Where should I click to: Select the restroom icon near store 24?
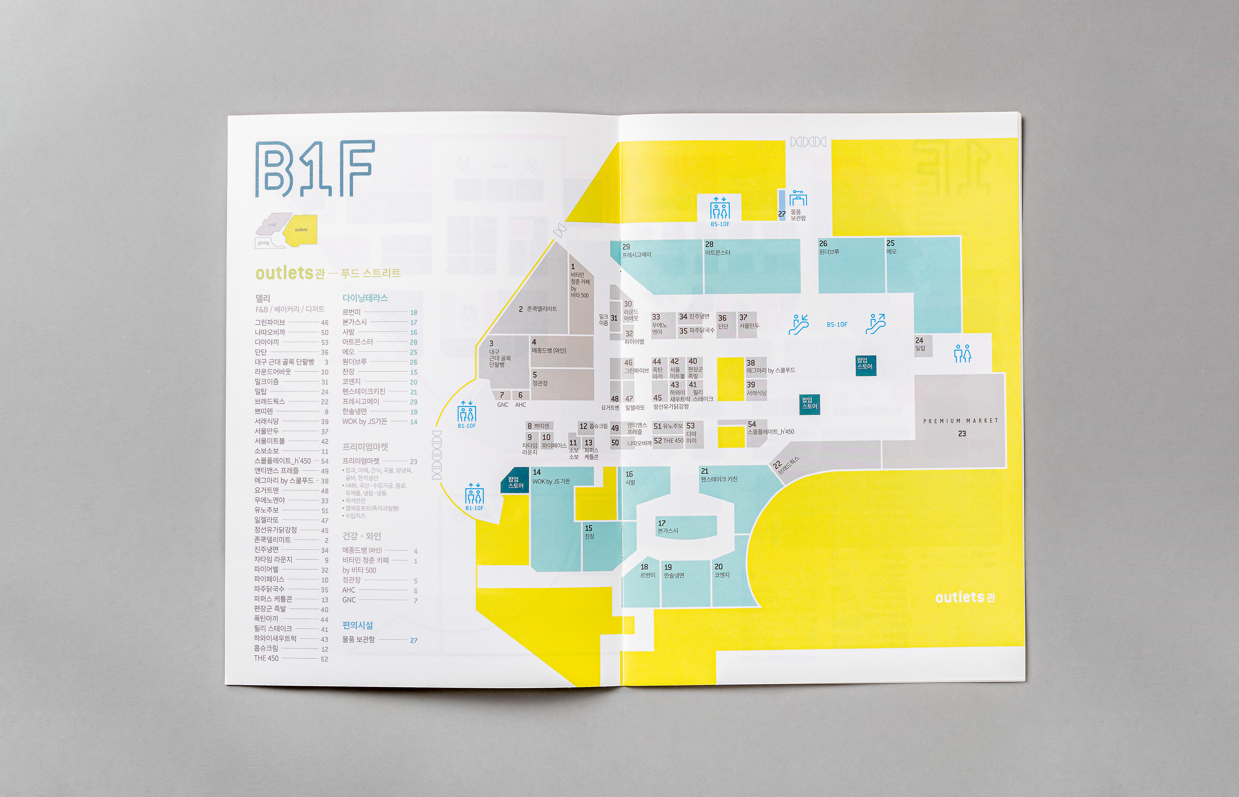962,353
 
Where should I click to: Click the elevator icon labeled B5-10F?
719,209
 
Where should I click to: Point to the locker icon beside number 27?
798,199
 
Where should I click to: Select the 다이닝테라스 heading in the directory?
365,298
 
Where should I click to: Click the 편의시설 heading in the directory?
357,625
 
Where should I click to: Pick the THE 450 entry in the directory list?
266,658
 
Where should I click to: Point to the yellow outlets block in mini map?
302,229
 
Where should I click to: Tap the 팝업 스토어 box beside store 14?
515,482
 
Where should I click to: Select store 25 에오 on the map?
891,247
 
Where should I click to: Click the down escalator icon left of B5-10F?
798,324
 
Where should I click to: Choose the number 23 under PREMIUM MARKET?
962,434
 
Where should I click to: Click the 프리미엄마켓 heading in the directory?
365,447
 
